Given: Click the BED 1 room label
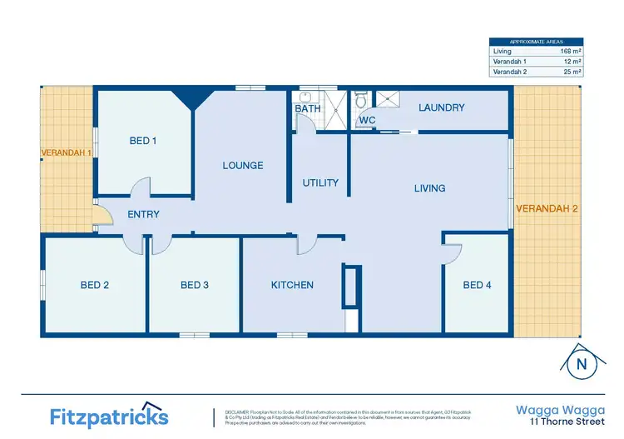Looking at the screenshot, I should [x=143, y=141].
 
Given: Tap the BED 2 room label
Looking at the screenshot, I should [x=95, y=285].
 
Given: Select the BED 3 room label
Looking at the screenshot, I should [x=195, y=285].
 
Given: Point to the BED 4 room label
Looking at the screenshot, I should [x=477, y=285].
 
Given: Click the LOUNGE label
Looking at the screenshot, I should [x=243, y=165].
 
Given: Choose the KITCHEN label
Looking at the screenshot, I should [x=292, y=285].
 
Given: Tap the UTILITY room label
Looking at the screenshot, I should [x=320, y=182].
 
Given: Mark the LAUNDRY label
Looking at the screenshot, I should [x=441, y=107].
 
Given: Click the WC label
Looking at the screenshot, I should [x=367, y=121].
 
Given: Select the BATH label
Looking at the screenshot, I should [x=307, y=108].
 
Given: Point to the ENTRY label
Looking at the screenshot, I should [x=143, y=214].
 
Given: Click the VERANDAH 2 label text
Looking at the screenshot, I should [x=547, y=208].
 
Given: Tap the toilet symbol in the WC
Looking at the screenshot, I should [x=361, y=99].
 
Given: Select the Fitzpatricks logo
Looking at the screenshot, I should [x=108, y=414].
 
